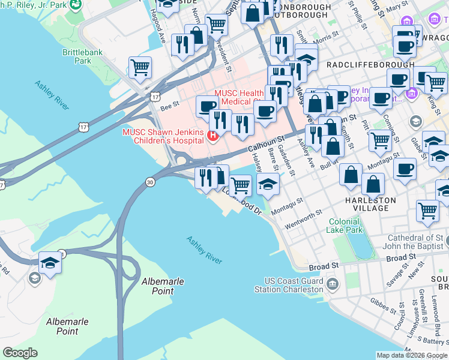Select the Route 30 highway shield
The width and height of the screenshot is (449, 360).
point(149,181)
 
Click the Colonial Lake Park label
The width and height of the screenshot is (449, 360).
point(345,226)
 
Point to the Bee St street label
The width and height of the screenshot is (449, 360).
point(170,107)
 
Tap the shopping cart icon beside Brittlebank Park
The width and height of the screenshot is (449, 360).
point(140,67)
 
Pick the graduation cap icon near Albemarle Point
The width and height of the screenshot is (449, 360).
point(50,262)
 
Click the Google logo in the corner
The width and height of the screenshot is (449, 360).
point(20,353)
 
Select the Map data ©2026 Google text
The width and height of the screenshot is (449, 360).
point(412,355)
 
